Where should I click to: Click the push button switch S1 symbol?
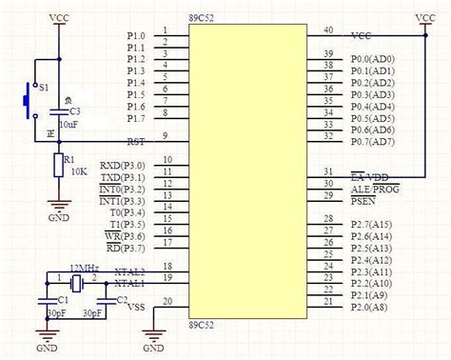[x=26, y=96]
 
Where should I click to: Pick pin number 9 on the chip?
[x=167, y=136]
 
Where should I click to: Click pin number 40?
[x=328, y=30]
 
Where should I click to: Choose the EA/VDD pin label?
[x=368, y=177]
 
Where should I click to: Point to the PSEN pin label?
[x=363, y=201]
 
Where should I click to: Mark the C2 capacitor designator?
[x=121, y=300]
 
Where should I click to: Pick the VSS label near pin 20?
[x=135, y=308]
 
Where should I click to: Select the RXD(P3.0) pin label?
[x=123, y=165]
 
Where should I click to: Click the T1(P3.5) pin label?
[x=127, y=224]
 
